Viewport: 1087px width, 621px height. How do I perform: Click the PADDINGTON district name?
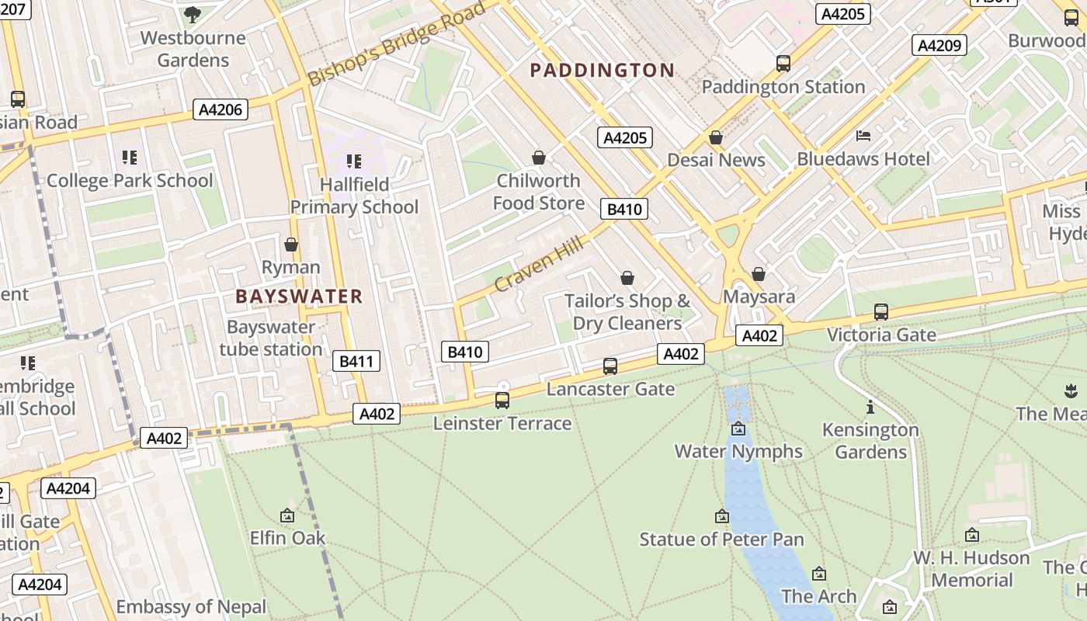pos(602,71)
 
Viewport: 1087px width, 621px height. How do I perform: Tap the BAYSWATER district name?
pos(299,297)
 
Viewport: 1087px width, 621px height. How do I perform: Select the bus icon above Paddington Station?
pos(783,64)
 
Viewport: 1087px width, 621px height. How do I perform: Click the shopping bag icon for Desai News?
pos(716,137)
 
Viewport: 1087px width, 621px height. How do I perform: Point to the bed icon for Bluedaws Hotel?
pos(863,136)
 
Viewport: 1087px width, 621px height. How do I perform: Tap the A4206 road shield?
pos(221,109)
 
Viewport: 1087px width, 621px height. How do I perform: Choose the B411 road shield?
pos(356,360)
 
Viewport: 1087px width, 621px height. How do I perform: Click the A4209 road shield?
pos(939,45)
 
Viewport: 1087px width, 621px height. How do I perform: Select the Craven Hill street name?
pos(538,265)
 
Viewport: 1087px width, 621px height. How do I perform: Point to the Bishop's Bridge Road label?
pos(397,43)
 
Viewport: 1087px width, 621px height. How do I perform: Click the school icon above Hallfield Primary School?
pos(354,161)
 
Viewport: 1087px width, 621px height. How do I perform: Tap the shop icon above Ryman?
pos(291,245)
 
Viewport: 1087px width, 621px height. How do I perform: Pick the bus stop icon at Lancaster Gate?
pos(610,366)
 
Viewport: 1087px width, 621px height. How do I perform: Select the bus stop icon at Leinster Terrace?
pos(502,401)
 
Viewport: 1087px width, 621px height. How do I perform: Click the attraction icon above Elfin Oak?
pos(287,515)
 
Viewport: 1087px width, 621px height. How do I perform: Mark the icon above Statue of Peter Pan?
pos(722,516)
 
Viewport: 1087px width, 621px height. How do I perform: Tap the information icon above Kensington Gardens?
pos(870,407)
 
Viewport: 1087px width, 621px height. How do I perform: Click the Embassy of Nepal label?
pos(191,606)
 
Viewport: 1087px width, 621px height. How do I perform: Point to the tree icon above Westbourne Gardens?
pos(193,14)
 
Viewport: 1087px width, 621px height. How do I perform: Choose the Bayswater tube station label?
pos(270,338)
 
